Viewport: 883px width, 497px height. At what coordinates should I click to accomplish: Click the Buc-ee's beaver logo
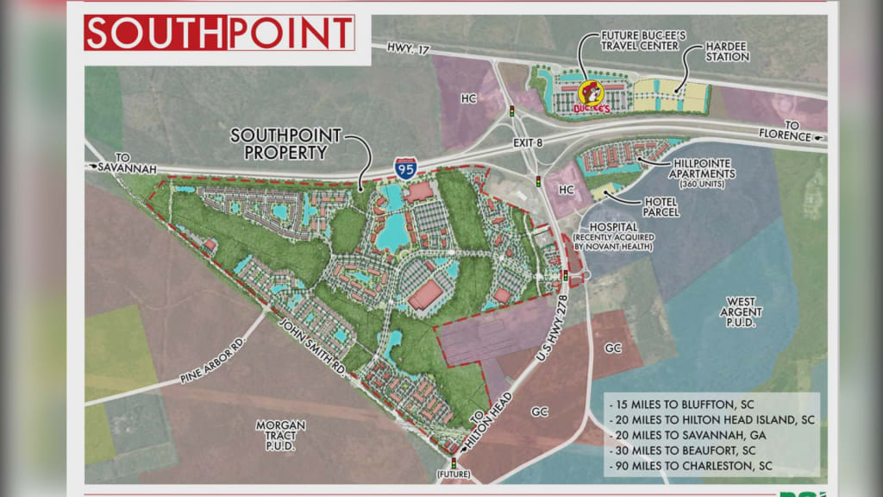[x=592, y=95]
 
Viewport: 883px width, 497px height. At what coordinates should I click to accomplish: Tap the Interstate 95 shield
[x=405, y=167]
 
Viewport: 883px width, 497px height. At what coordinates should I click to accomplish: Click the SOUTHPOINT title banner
[x=219, y=33]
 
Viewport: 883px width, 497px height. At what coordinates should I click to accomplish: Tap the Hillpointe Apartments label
[x=705, y=168]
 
